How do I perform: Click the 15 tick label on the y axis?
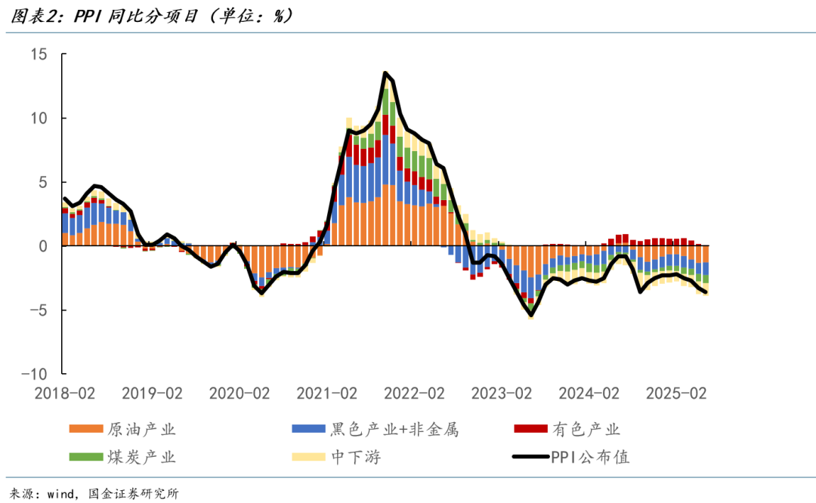coord(39,54)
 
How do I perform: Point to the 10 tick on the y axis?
coord(39,119)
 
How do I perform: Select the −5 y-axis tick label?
coord(36,310)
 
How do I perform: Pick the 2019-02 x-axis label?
coord(152,393)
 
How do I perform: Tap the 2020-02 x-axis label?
coord(239,393)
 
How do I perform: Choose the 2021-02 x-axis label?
coord(326,393)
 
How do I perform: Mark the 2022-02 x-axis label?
coord(414,393)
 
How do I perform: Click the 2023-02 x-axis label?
coord(501,393)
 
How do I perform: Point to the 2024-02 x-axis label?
coord(589,393)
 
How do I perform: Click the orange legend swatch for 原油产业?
coord(86,430)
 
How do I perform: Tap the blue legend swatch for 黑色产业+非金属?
coord(308,430)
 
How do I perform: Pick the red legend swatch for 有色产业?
coord(530,430)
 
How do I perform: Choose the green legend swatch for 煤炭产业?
coord(86,457)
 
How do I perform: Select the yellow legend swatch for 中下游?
coord(308,457)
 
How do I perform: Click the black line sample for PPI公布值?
coord(530,457)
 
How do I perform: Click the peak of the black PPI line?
coord(385,73)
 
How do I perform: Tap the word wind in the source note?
coord(62,494)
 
